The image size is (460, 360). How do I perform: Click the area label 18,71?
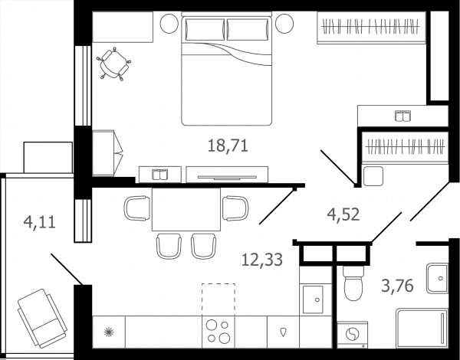(228, 146)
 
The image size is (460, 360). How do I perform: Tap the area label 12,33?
(262, 260)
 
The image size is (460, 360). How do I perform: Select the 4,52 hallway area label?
(343, 214)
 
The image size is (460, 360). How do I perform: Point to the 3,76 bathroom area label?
(397, 286)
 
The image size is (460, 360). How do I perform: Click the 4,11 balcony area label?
(40, 222)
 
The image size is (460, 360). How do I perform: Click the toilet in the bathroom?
(353, 283)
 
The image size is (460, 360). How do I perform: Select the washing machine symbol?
(352, 335)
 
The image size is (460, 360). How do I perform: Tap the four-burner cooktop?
(219, 332)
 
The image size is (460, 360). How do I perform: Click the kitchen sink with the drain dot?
(313, 299)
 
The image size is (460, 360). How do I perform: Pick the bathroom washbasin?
(437, 278)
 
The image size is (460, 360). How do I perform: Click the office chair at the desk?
(113, 64)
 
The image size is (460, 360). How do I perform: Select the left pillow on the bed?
(205, 29)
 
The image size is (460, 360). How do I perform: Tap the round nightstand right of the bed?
(284, 24)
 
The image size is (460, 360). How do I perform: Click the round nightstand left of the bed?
(169, 24)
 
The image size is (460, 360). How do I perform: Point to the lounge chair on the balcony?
(42, 318)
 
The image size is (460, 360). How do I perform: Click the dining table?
(186, 209)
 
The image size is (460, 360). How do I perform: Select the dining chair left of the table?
(137, 208)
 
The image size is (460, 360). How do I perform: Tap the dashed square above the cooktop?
(219, 299)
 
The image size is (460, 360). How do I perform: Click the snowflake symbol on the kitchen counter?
(109, 332)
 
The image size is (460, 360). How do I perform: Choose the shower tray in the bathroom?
(422, 329)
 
